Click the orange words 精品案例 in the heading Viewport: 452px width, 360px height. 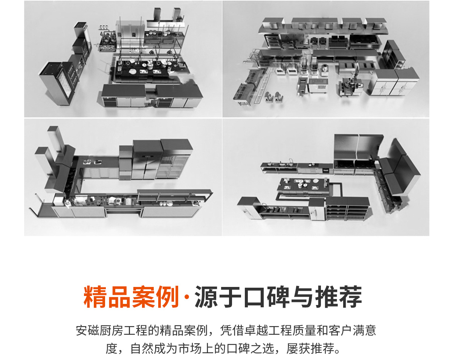pyautogui.click(x=131, y=297)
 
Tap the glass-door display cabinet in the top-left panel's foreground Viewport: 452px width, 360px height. pyautogui.click(x=56, y=83)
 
